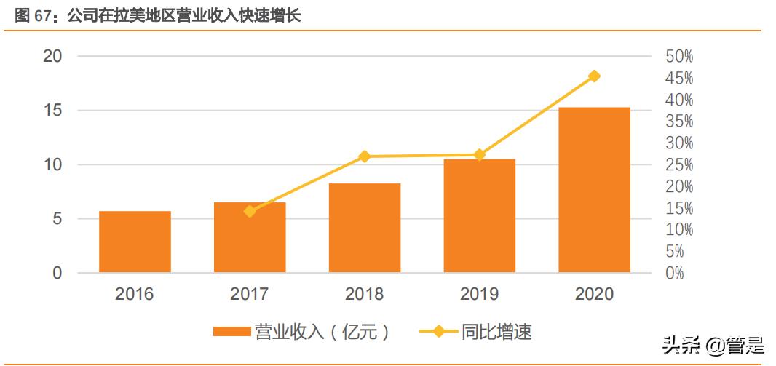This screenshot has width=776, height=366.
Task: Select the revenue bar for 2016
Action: tap(135, 242)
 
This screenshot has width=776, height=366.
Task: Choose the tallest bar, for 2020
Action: tap(594, 190)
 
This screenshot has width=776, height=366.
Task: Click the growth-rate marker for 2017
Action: tap(250, 211)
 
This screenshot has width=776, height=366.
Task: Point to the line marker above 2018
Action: tap(365, 156)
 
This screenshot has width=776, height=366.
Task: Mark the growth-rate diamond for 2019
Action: tap(479, 154)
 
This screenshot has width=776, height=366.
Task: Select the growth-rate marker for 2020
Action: tap(594, 76)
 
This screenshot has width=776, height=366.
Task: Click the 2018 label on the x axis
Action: tap(365, 295)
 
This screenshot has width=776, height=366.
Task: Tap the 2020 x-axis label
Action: tap(594, 295)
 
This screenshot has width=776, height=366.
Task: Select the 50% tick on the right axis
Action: tap(679, 57)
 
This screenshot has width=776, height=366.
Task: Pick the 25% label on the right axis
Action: tap(679, 165)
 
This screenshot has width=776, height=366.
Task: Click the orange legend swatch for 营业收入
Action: tap(231, 333)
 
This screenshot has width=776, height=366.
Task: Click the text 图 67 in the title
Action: tap(31, 16)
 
